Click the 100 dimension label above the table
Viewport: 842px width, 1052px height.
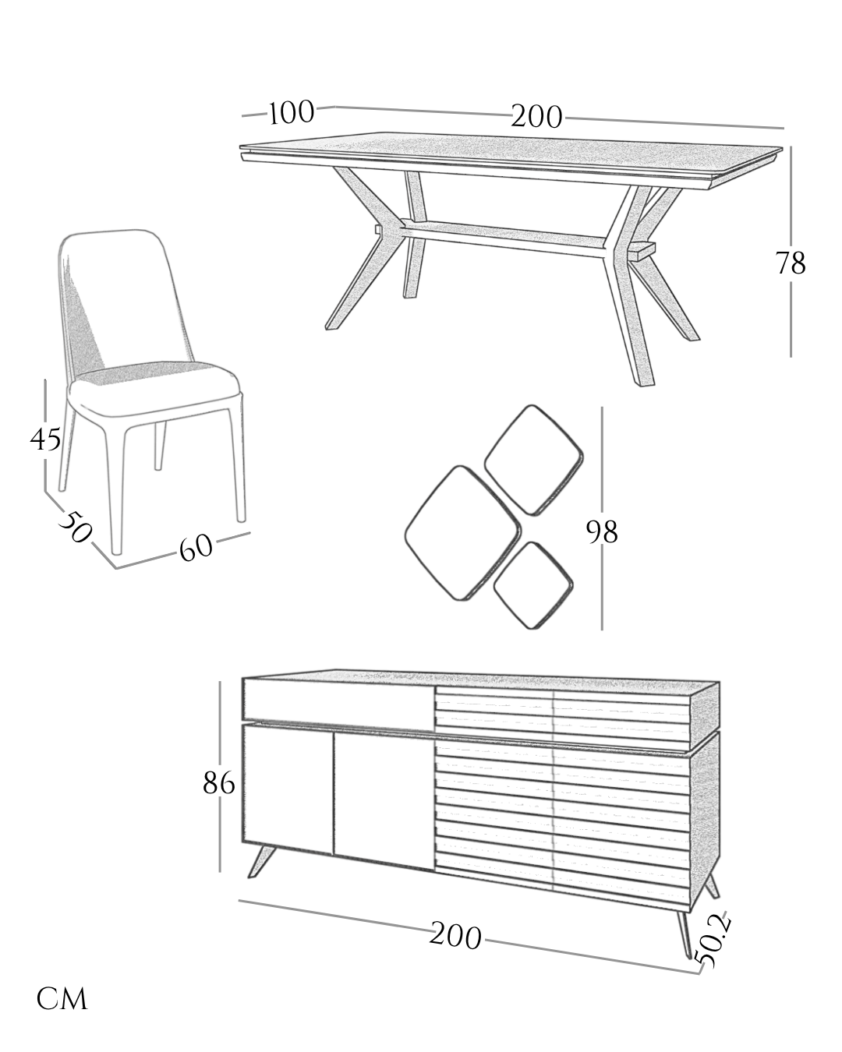(292, 113)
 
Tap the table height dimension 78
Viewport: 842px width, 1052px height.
(790, 264)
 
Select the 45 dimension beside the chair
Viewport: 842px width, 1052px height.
(45, 440)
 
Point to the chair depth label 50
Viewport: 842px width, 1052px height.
(76, 528)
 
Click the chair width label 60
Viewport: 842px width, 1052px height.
(196, 548)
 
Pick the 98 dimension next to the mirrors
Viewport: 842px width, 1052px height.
(602, 532)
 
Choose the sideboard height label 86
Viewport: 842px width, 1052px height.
(219, 783)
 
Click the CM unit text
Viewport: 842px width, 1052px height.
(62, 999)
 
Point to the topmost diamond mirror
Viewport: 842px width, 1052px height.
(534, 459)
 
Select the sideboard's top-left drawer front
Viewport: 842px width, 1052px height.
(338, 699)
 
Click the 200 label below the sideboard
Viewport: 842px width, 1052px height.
(456, 937)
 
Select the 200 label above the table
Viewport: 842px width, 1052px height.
(537, 117)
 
